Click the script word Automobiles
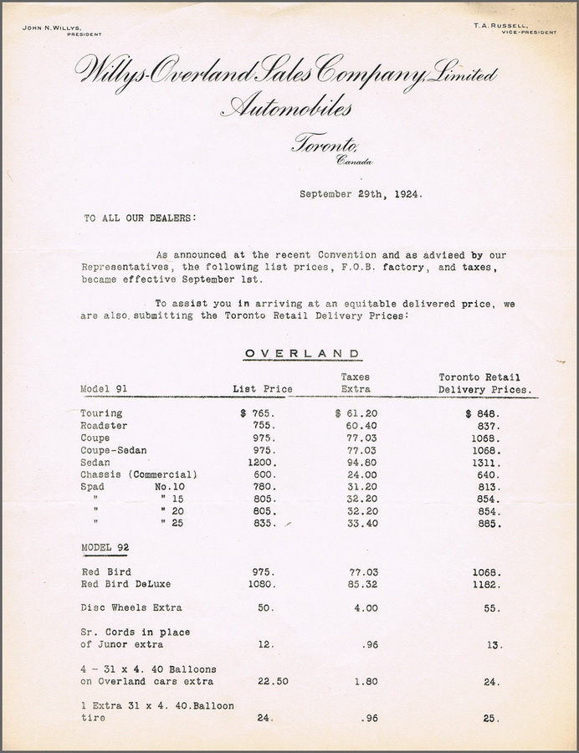pyautogui.click(x=286, y=108)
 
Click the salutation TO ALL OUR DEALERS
pyautogui.click(x=139, y=218)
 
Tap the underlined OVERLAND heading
pyautogui.click(x=303, y=353)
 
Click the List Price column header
pyautogui.click(x=262, y=389)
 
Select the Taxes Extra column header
pyautogui.click(x=356, y=383)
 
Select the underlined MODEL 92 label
pyautogui.click(x=105, y=546)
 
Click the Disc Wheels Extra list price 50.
pyautogui.click(x=265, y=607)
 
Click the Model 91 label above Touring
pyautogui.click(x=102, y=389)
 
